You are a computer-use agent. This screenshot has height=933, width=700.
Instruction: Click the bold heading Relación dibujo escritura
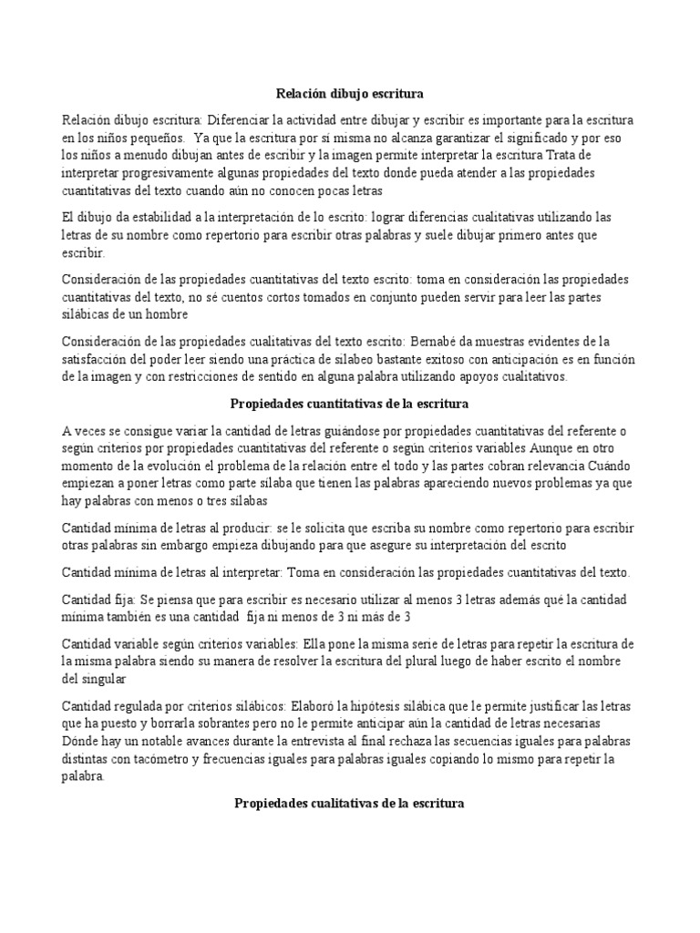350,93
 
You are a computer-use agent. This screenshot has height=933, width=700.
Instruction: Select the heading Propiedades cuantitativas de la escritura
350,402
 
